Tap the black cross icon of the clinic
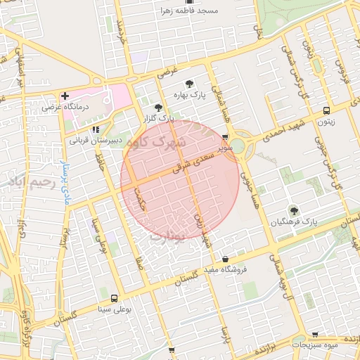tap(65, 95)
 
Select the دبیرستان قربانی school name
tap(94, 141)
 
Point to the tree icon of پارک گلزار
tap(157, 108)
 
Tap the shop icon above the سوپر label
tap(224, 138)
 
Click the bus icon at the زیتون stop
tap(326, 110)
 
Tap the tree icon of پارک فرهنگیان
tap(292, 210)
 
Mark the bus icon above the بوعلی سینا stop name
tap(114, 298)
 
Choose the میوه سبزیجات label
tap(314, 345)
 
